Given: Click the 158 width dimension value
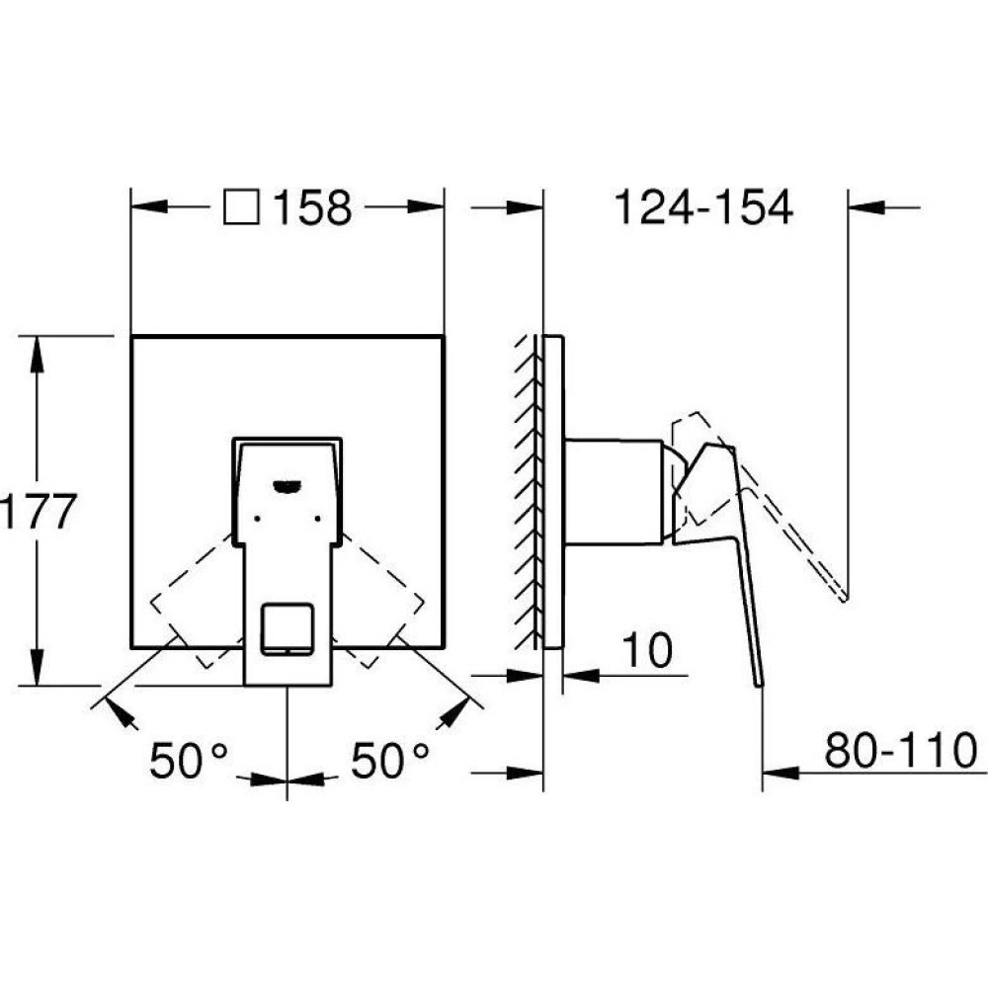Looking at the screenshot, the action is pos(312,207).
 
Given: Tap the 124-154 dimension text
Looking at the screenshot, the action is pos(702,207).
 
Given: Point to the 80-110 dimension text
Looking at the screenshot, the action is pos(900,750).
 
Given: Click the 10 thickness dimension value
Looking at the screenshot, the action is pos(647,650).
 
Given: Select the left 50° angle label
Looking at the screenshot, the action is pos(188,761).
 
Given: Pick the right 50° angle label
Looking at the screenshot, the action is pos(389,761).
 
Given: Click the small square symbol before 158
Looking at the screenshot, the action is pos(241,206).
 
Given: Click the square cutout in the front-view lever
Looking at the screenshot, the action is pos(288,629).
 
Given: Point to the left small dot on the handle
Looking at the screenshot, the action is pos(257,518).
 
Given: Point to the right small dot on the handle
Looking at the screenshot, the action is pos(317,518).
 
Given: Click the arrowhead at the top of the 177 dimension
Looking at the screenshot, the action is pos(38,354).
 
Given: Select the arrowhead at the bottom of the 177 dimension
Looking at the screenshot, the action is pos(38,667).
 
